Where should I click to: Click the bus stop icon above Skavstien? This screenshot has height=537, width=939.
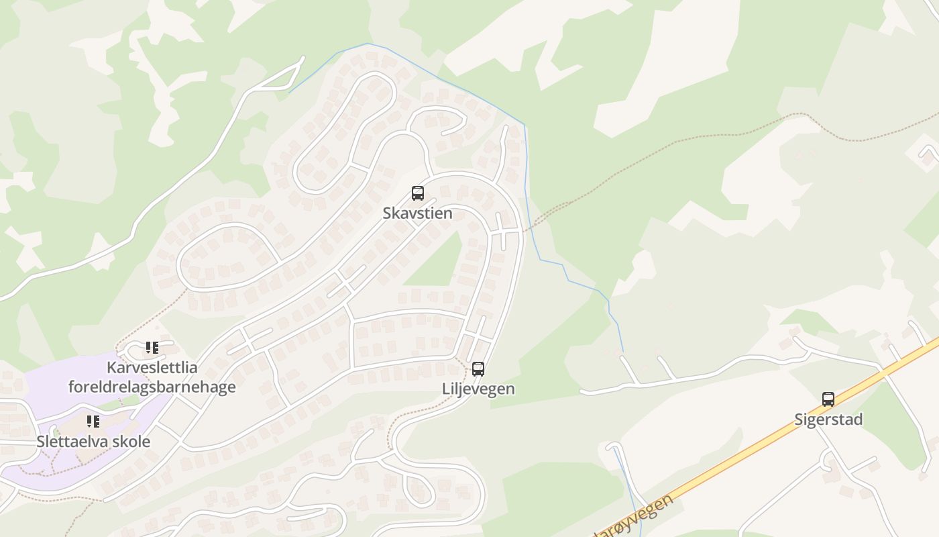click(418, 193)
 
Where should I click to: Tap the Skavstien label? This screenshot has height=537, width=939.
click(417, 213)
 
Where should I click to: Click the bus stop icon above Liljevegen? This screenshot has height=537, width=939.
click(478, 369)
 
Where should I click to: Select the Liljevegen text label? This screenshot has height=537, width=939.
click(478, 389)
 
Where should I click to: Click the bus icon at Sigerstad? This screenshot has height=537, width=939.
click(828, 399)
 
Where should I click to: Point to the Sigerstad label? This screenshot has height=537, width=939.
click(828, 420)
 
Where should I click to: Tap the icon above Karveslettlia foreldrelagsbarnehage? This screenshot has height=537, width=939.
click(152, 348)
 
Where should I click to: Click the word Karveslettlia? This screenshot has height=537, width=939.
click(152, 368)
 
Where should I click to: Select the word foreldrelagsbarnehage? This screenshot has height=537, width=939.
click(152, 387)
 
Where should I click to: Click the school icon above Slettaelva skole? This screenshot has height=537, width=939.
click(93, 422)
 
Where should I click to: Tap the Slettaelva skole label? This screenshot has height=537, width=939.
click(93, 442)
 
